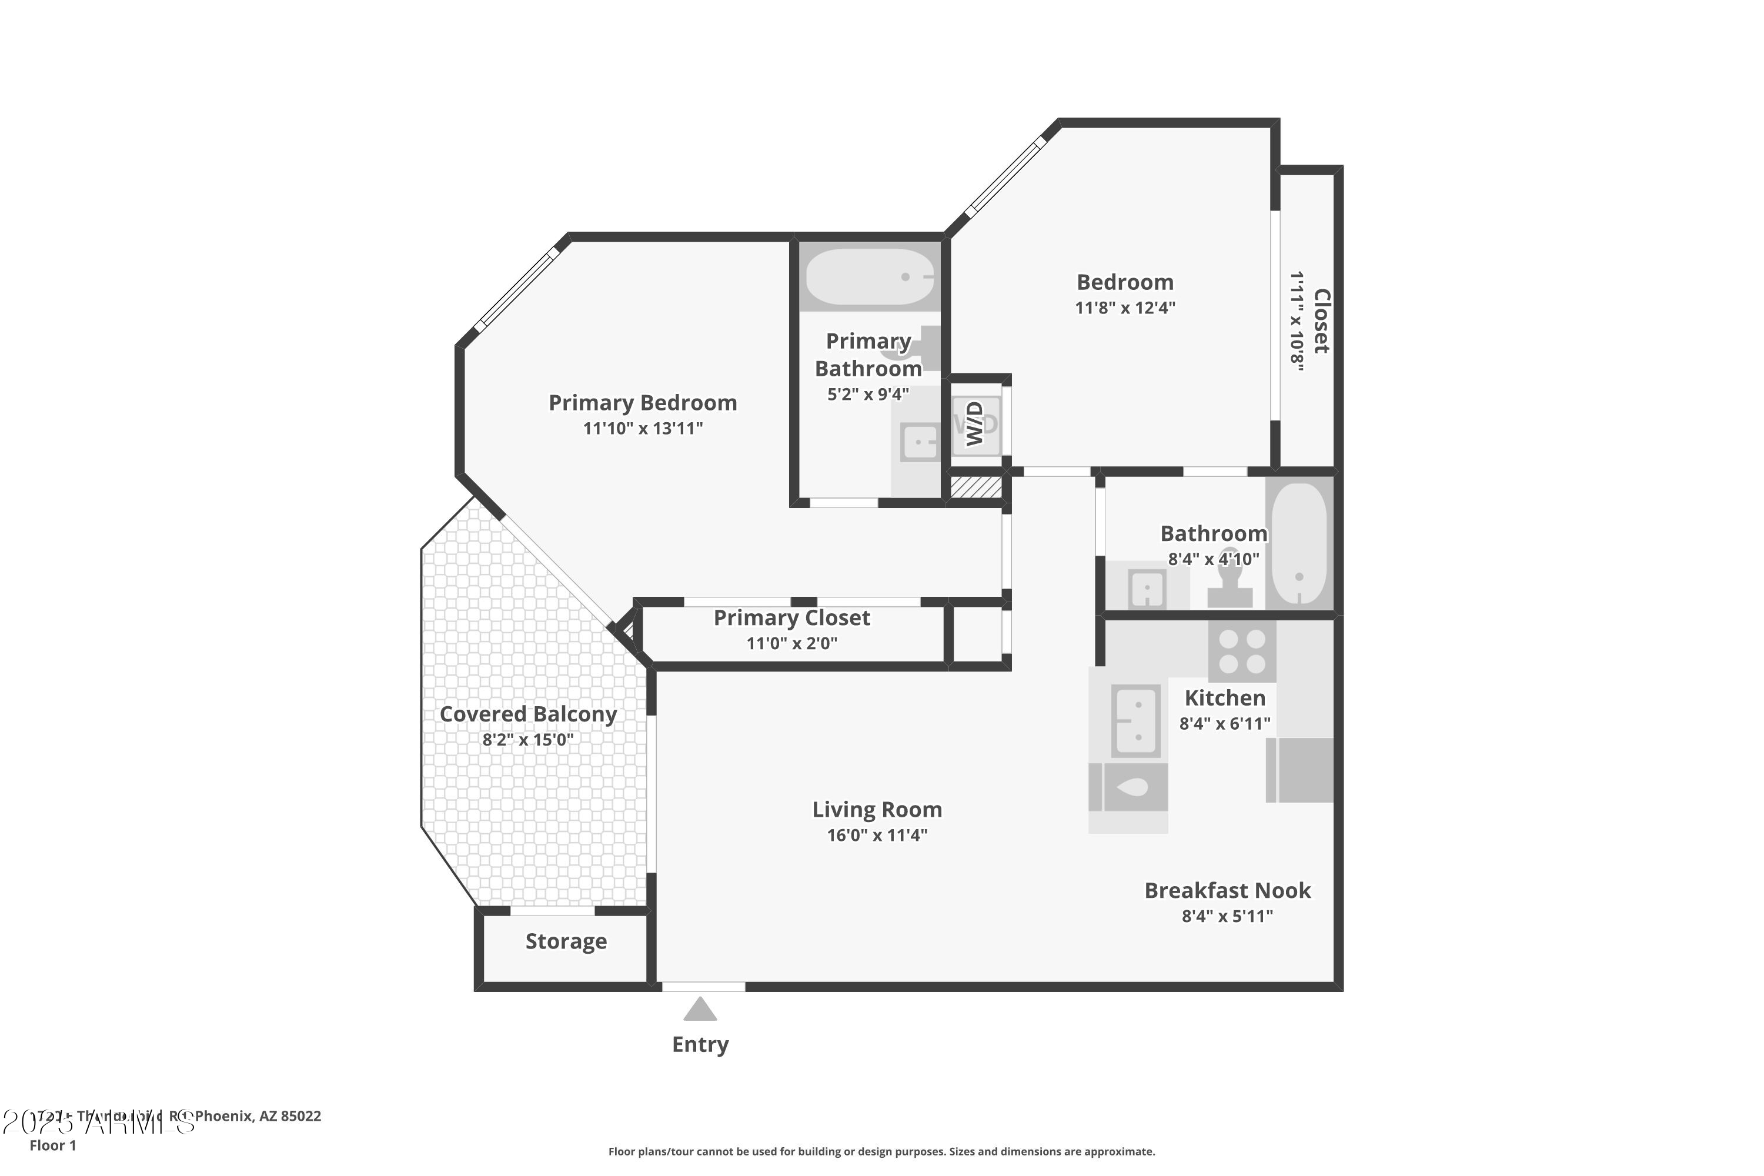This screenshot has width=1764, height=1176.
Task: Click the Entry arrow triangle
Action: (700, 1010)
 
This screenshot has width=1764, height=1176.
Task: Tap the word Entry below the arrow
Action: (700, 1045)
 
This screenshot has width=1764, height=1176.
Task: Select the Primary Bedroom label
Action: (643, 403)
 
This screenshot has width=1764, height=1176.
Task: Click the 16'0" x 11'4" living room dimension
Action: (877, 836)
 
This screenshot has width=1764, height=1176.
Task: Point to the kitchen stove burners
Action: (1242, 651)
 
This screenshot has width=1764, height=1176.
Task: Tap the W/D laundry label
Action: (974, 424)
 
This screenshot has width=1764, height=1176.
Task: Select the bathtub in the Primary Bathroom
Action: (869, 277)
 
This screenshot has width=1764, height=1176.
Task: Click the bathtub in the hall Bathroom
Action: (1299, 543)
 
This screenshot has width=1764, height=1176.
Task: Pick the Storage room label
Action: (566, 941)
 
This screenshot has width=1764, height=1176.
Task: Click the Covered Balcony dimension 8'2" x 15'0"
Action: (527, 740)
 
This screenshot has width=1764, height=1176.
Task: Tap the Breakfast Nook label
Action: (1227, 890)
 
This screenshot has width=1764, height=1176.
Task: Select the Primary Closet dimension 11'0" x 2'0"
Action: (791, 643)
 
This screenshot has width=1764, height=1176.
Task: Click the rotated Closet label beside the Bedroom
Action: (1321, 321)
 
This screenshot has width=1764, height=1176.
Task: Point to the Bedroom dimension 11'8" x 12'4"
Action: (1124, 308)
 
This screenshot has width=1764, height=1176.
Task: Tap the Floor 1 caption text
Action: (52, 1145)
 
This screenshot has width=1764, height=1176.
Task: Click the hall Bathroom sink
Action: (1147, 588)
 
